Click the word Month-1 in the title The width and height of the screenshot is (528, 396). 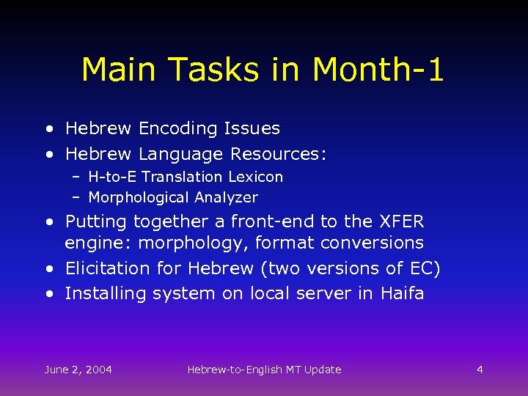pyautogui.click(x=378, y=70)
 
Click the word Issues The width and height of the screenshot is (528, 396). pyautogui.click(x=252, y=129)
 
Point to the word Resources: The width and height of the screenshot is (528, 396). pyautogui.click(x=279, y=155)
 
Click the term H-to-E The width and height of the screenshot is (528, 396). pyautogui.click(x=112, y=177)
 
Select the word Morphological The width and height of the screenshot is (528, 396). pyautogui.click(x=139, y=197)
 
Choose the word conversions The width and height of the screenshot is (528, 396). pyautogui.click(x=378, y=243)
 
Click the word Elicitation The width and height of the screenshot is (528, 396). pyautogui.click(x=108, y=269)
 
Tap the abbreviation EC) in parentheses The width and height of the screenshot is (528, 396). pyautogui.click(x=425, y=269)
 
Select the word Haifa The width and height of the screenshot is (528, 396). pyautogui.click(x=402, y=294)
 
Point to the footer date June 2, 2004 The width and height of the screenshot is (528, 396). pyautogui.click(x=78, y=370)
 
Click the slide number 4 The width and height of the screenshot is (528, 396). pyautogui.click(x=480, y=370)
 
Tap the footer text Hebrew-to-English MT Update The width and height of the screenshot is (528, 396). pyautogui.click(x=264, y=370)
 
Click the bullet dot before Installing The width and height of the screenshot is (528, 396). pyautogui.click(x=48, y=294)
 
